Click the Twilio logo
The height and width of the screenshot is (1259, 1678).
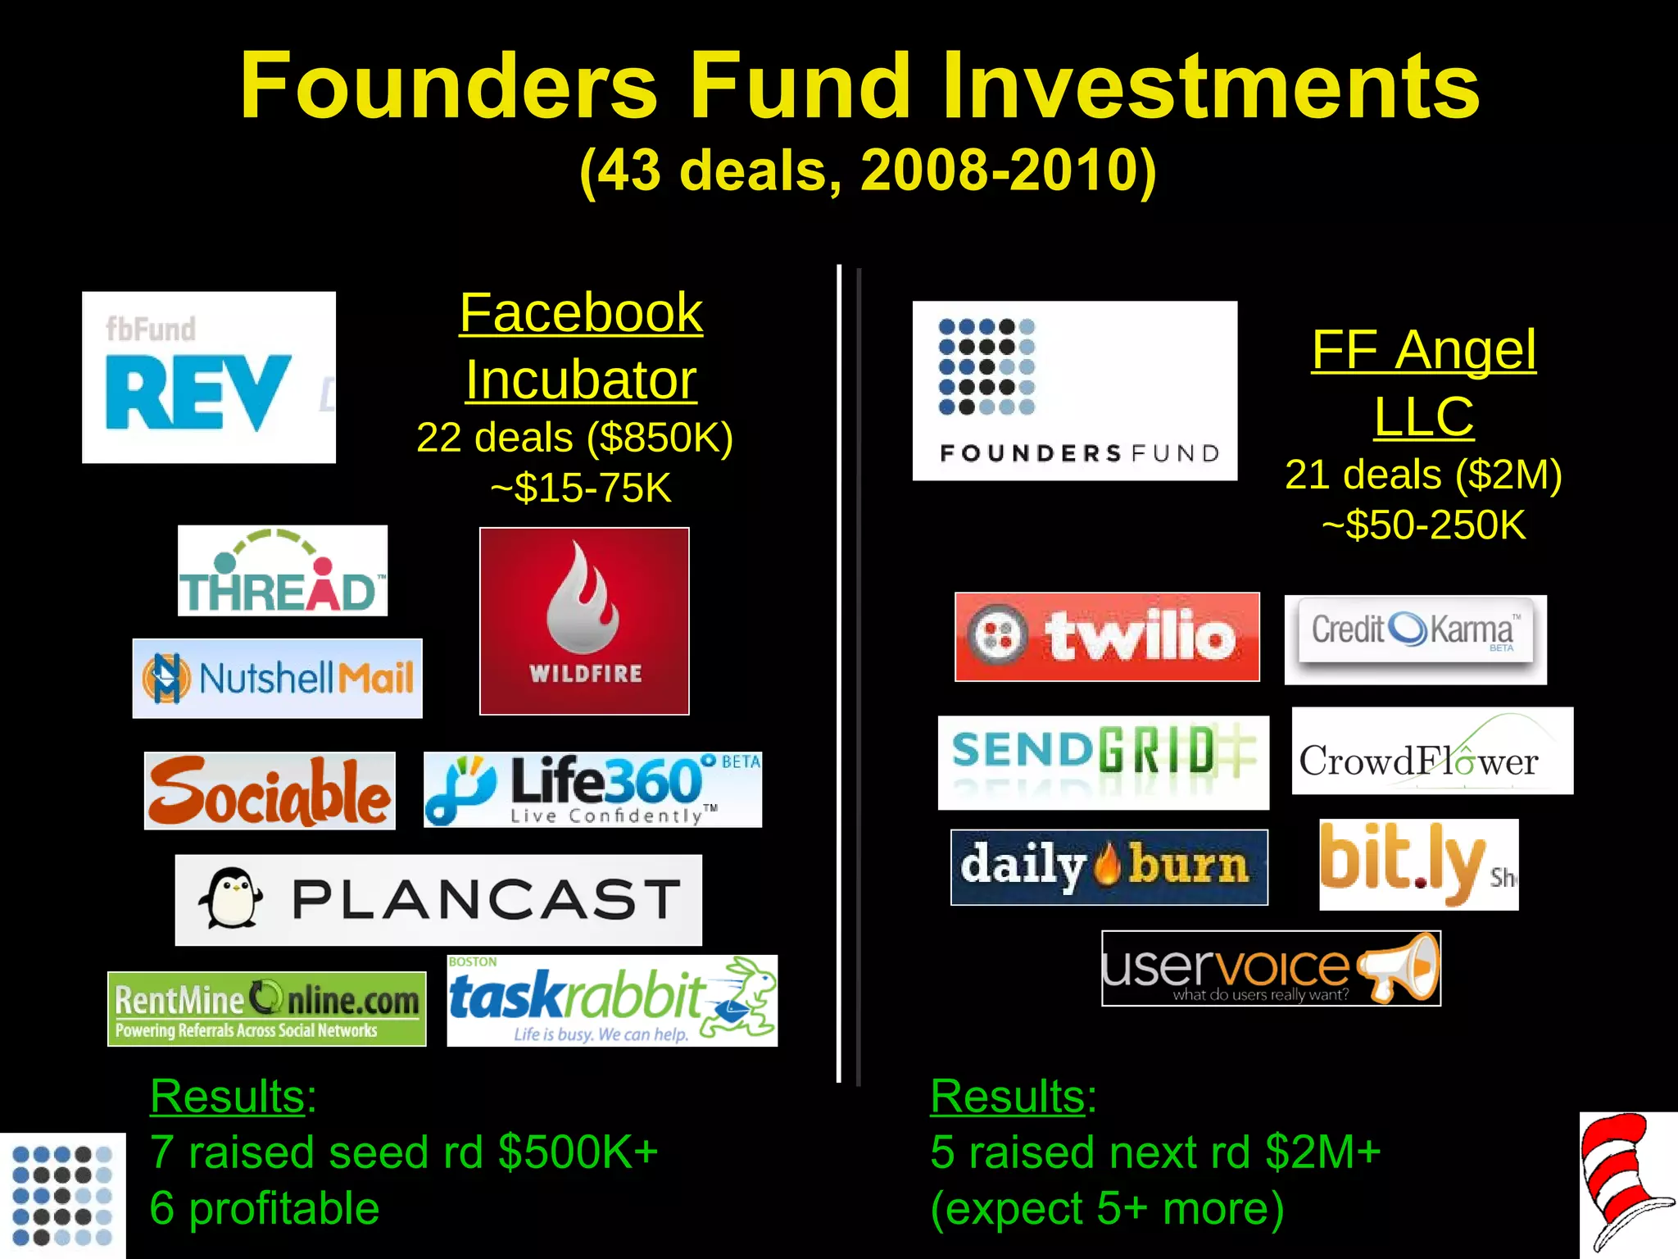pos(1107,637)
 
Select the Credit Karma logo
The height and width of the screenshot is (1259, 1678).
pos(1415,639)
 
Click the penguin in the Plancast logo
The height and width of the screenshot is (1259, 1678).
pos(230,899)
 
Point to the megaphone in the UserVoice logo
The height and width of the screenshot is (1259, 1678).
pos(1399,967)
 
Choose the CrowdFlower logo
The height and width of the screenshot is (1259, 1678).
pos(1432,751)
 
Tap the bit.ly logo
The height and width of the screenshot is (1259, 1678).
pos(1418,864)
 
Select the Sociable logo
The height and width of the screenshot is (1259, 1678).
pos(270,791)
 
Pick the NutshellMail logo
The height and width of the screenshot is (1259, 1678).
pos(277,679)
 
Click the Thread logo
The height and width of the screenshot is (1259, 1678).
pos(282,571)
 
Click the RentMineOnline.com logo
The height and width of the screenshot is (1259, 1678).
pos(266,1009)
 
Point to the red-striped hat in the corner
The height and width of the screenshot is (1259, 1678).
pos(1626,1180)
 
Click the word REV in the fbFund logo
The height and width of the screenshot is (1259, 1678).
pos(197,393)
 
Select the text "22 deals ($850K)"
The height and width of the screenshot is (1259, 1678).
pos(574,438)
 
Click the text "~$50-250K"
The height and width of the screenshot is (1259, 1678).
pos(1423,525)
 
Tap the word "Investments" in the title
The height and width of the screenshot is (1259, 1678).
pos(1210,86)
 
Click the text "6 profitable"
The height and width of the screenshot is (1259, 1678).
pos(264,1207)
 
